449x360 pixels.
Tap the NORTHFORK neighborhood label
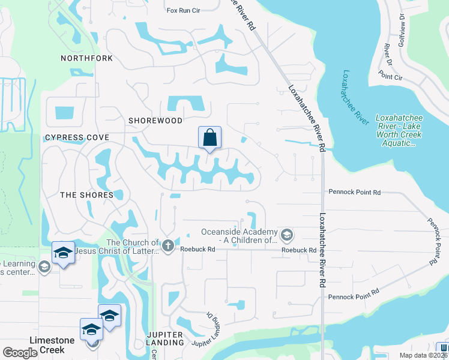86,58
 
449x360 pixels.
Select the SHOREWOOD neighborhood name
155,121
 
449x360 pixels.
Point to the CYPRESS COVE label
77,137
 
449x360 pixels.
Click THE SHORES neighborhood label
86,195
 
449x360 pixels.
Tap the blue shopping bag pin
210,137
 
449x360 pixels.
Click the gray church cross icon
168,245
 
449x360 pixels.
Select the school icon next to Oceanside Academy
286,234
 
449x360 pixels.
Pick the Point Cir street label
390,77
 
